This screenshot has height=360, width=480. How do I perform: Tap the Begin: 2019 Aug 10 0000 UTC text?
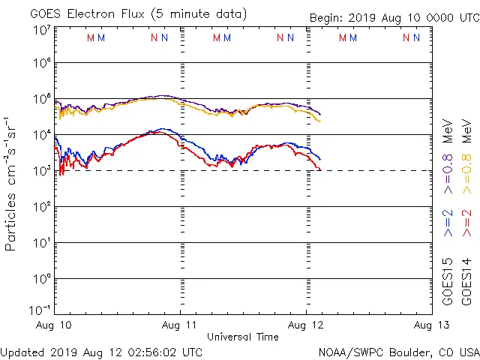(394, 18)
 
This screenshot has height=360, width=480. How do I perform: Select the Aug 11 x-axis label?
(181, 325)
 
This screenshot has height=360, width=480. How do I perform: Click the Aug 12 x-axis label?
(306, 325)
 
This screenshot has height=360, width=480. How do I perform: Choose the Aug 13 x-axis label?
(430, 325)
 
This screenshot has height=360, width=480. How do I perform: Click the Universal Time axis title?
(242, 337)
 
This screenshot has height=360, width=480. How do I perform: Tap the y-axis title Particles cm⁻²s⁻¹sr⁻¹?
(13, 183)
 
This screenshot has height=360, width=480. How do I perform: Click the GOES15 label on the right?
(448, 281)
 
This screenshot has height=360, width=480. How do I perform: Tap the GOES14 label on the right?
(466, 281)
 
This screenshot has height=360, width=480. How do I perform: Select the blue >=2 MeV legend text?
(448, 223)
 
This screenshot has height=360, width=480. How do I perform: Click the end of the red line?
(320, 170)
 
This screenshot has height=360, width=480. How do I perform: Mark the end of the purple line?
(320, 114)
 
